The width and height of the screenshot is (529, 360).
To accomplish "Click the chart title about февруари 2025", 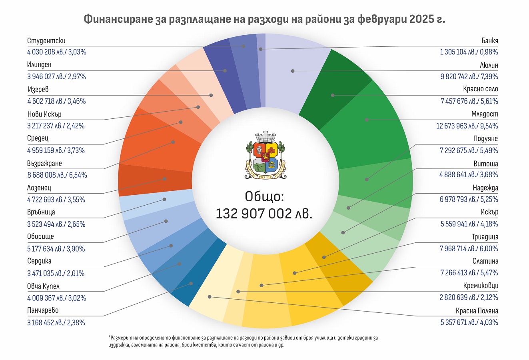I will tap(264, 20).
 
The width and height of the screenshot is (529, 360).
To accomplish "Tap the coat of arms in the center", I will tap(264, 155).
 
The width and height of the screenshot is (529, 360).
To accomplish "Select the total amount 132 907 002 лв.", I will tap(264, 214).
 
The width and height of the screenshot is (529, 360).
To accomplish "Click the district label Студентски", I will tap(46, 41).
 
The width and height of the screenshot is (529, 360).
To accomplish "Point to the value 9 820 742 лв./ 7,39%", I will tap(469, 76).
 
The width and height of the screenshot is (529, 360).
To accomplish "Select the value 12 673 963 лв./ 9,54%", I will tap(467, 126).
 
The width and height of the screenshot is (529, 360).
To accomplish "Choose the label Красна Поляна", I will tap(477, 311).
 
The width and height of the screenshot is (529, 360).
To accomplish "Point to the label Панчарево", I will tap(43, 310).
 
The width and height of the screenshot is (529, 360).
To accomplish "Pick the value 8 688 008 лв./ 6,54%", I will tap(57, 175).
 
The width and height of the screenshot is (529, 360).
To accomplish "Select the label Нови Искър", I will tap(44, 114).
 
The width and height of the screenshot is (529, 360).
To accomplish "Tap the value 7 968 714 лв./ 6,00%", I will tap(469, 248).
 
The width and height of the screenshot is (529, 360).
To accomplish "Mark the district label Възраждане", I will tap(44, 164).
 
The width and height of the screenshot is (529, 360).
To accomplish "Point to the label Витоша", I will tap(486, 164).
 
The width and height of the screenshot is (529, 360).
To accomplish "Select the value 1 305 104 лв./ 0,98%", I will tap(469, 52).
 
